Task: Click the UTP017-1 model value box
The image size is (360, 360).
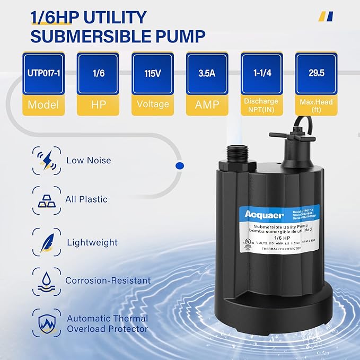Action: tap(43, 74)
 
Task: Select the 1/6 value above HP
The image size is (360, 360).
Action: tap(98, 74)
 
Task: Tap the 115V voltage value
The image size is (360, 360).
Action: tap(153, 74)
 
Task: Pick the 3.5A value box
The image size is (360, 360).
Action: tap(207, 74)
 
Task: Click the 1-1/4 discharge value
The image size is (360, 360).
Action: tap(262, 74)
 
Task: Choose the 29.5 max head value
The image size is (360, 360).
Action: tap(317, 74)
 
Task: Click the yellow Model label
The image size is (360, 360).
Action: tap(43, 105)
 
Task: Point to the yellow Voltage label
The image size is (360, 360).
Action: tap(153, 105)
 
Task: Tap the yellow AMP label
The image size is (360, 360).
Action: tap(207, 105)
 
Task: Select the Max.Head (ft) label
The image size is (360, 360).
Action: tap(317, 105)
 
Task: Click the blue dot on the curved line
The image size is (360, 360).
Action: tap(179, 166)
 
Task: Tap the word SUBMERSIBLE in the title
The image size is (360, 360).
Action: tap(78, 36)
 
